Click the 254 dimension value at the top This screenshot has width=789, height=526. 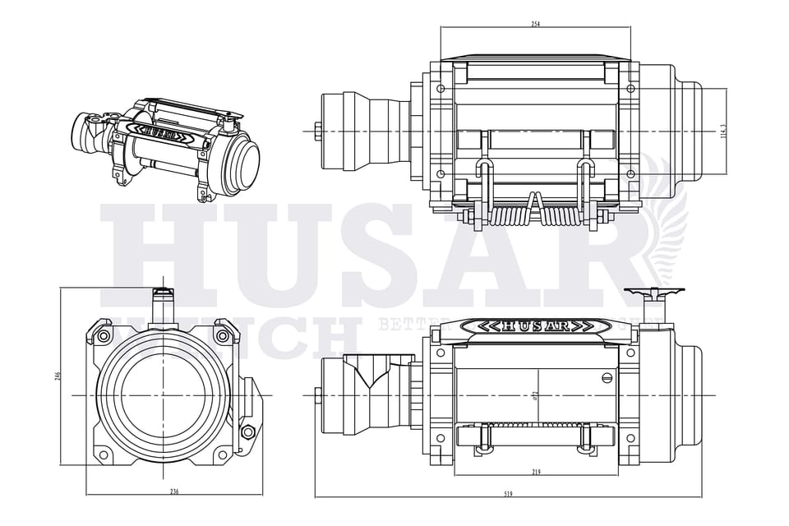point(535,24)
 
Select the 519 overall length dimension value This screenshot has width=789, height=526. point(509,493)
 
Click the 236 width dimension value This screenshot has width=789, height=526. point(174,491)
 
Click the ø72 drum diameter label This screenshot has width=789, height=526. point(535,396)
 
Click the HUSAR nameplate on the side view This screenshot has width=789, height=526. point(534,326)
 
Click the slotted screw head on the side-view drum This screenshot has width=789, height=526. point(607,378)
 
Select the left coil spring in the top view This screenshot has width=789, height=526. point(510,216)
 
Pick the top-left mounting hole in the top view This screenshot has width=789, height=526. point(441,88)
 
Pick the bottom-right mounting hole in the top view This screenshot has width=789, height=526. point(630,173)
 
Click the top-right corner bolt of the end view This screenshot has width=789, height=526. point(222,335)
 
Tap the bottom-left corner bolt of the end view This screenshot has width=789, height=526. point(104,454)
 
